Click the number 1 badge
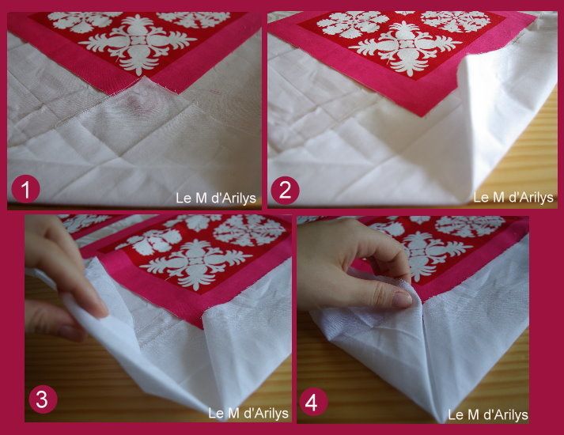(25, 190)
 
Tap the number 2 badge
(285, 190)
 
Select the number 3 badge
(43, 399)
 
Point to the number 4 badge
(312, 402)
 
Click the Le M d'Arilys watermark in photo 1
(216, 198)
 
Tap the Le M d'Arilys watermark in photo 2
(513, 197)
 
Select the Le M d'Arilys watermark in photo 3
(248, 413)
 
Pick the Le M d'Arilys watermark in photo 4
(488, 415)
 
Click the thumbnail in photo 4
(402, 299)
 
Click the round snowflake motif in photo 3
(249, 230)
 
